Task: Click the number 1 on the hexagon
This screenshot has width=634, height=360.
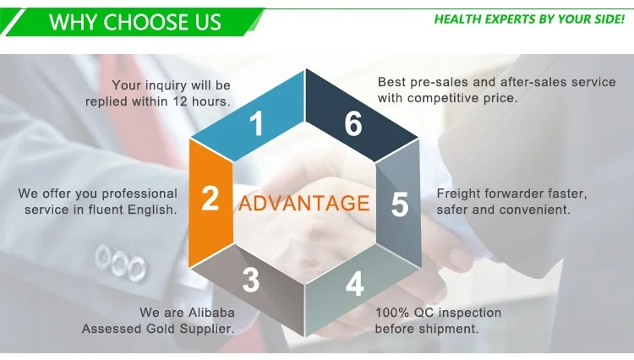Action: pos(255,126)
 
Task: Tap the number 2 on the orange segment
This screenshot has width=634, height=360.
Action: pos(210,199)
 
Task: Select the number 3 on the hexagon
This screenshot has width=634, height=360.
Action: pos(250,281)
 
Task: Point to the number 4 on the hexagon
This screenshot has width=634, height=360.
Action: pos(355,285)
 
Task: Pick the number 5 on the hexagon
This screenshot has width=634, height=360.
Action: pos(400,205)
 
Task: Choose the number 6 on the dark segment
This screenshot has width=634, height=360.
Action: pos(353,125)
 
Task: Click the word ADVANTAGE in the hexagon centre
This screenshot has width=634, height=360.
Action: pos(303,204)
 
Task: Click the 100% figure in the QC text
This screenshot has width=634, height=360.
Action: pos(391,313)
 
